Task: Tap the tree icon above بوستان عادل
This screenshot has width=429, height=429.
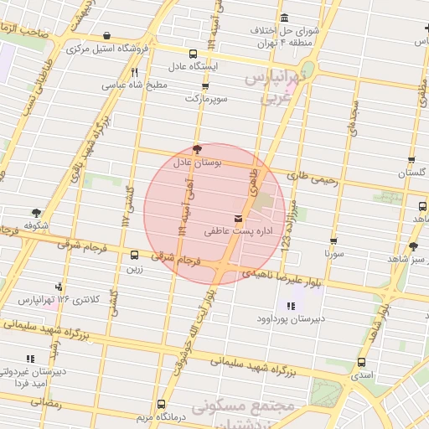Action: (197, 149)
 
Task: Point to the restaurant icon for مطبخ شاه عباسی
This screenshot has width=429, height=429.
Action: (134, 72)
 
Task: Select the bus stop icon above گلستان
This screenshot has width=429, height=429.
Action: (411, 159)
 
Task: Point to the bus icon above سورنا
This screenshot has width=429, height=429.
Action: (333, 240)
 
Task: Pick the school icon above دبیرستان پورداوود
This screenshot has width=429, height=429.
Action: (290, 307)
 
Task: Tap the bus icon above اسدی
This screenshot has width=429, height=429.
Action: (361, 363)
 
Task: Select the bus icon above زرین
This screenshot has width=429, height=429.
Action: (134, 255)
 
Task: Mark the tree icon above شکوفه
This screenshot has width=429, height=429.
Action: (35, 213)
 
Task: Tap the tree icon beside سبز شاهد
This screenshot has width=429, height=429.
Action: (414, 246)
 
